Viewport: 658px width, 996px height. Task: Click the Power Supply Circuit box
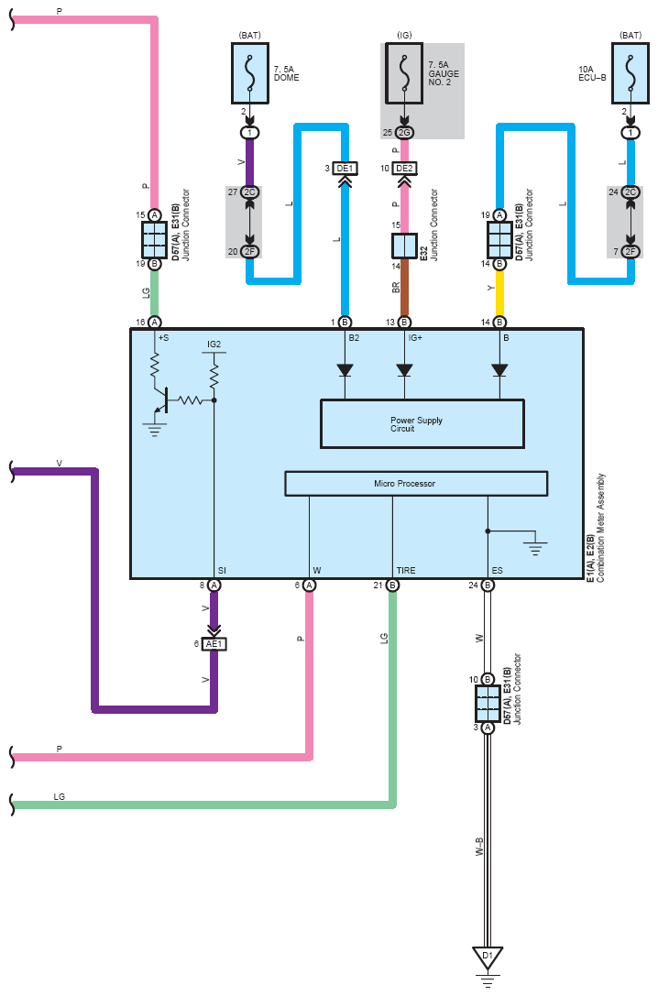[x=422, y=424]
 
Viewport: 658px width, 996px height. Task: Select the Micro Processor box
[x=416, y=484]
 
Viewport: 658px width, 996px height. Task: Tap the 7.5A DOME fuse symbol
[x=250, y=73]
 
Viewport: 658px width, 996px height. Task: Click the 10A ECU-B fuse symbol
[x=631, y=73]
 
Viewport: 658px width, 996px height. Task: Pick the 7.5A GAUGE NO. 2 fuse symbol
[x=404, y=73]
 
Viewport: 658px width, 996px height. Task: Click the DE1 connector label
[x=345, y=169]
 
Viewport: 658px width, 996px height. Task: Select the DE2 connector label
[x=404, y=169]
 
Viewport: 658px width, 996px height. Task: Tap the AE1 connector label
[x=214, y=644]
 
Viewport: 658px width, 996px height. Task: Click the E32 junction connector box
[x=404, y=246]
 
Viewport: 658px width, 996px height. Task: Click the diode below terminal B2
[x=345, y=370]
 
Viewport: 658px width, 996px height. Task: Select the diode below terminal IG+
[x=404, y=370]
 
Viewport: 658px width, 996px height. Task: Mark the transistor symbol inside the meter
[x=161, y=401]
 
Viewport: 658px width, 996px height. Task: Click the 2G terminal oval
[x=404, y=133]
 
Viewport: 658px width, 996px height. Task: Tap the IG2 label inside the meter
[x=214, y=345]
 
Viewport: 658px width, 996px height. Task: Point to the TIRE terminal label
[x=406, y=571]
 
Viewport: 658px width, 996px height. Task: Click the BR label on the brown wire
[x=396, y=288]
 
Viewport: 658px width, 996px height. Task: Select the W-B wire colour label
[x=479, y=847]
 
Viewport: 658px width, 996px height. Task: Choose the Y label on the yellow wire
[x=491, y=288]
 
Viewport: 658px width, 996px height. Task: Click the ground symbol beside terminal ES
[x=535, y=548]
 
